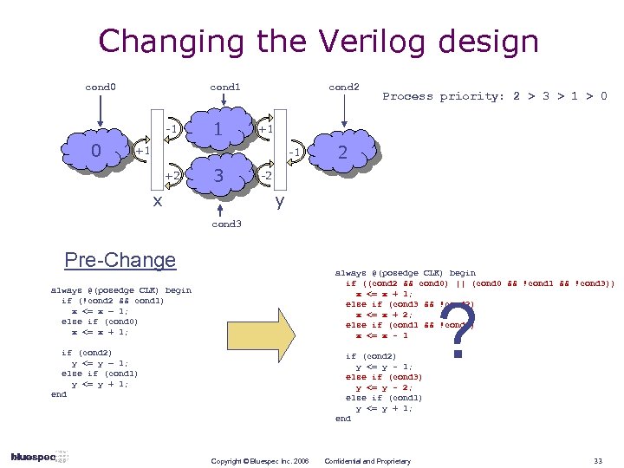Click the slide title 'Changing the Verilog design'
point(318,41)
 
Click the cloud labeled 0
point(96,152)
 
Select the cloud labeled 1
point(220,129)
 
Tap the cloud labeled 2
point(343,153)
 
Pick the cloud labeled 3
point(220,176)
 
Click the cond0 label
point(101,87)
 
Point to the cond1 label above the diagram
point(225,87)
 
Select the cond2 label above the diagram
point(343,87)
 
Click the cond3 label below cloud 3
point(225,224)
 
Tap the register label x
point(156,201)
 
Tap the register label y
point(280,201)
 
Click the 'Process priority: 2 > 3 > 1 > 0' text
point(495,96)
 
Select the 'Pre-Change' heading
point(120,260)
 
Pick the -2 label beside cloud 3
point(266,176)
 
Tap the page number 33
point(598,461)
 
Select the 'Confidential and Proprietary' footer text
point(367,461)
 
